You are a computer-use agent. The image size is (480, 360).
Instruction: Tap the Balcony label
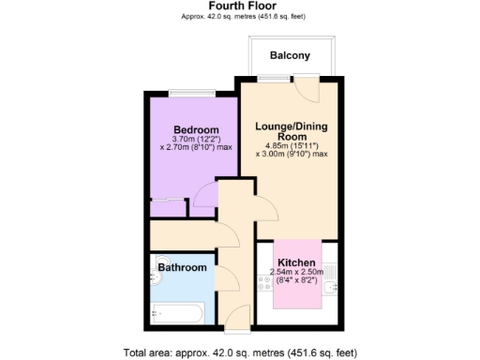coord(290,56)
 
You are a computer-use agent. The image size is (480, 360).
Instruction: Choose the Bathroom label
coord(182,268)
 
